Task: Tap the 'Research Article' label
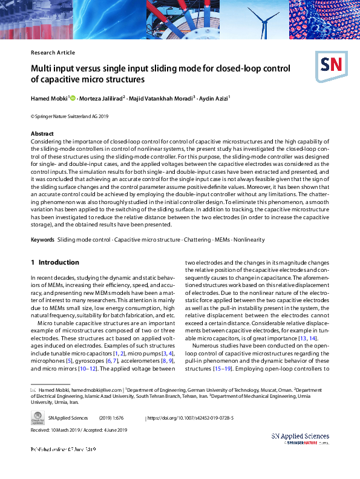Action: [x=53, y=53]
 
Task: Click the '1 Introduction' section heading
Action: [x=55, y=262]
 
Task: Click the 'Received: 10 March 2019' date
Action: [x=55, y=430]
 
